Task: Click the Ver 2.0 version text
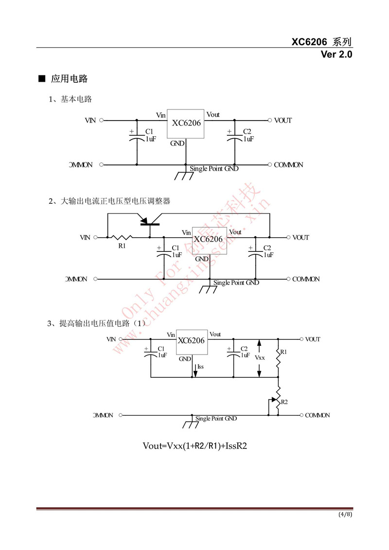pos(336,54)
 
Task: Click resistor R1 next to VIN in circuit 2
pos(122,238)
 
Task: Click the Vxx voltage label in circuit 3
pos(260,358)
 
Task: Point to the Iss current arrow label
pos(200,367)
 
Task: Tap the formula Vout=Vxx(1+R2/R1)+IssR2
pos(195,446)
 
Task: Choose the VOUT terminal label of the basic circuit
pos(283,121)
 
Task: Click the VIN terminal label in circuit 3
pos(111,339)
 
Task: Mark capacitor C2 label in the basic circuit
pos(247,132)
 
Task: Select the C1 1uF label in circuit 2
pos(176,251)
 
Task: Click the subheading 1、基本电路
pos(70,99)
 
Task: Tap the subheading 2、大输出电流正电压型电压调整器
pos(109,201)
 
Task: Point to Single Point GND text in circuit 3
pos(216,418)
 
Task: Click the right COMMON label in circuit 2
pos(306,279)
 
